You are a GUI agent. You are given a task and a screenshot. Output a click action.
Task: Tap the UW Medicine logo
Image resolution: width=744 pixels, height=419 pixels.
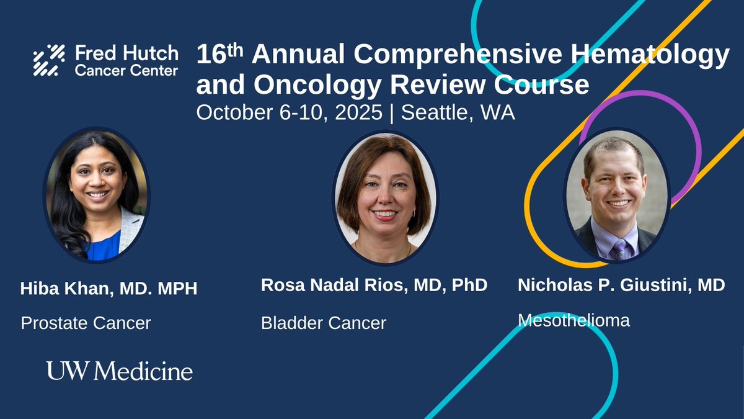point(119,371)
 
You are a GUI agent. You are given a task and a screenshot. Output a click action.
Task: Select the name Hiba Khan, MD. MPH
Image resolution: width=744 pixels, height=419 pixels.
point(108,289)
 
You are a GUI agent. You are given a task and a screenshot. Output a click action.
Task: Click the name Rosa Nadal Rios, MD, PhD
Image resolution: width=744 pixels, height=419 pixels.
point(374,285)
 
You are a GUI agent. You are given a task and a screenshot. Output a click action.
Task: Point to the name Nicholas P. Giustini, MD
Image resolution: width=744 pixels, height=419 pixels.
point(621,285)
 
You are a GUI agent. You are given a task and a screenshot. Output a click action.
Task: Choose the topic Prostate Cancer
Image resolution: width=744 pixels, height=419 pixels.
point(86,323)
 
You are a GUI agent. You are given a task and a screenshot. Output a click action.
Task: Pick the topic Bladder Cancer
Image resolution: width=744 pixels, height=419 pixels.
point(323,323)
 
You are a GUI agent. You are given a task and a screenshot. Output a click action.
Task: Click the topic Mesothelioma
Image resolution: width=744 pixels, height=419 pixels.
point(573,320)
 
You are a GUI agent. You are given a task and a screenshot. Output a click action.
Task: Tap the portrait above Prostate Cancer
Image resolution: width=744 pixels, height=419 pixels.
point(96,194)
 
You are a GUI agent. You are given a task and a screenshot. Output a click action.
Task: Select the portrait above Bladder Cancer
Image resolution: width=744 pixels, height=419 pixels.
point(385,196)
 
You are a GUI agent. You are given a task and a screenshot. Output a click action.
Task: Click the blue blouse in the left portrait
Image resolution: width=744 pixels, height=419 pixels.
point(102,247)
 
